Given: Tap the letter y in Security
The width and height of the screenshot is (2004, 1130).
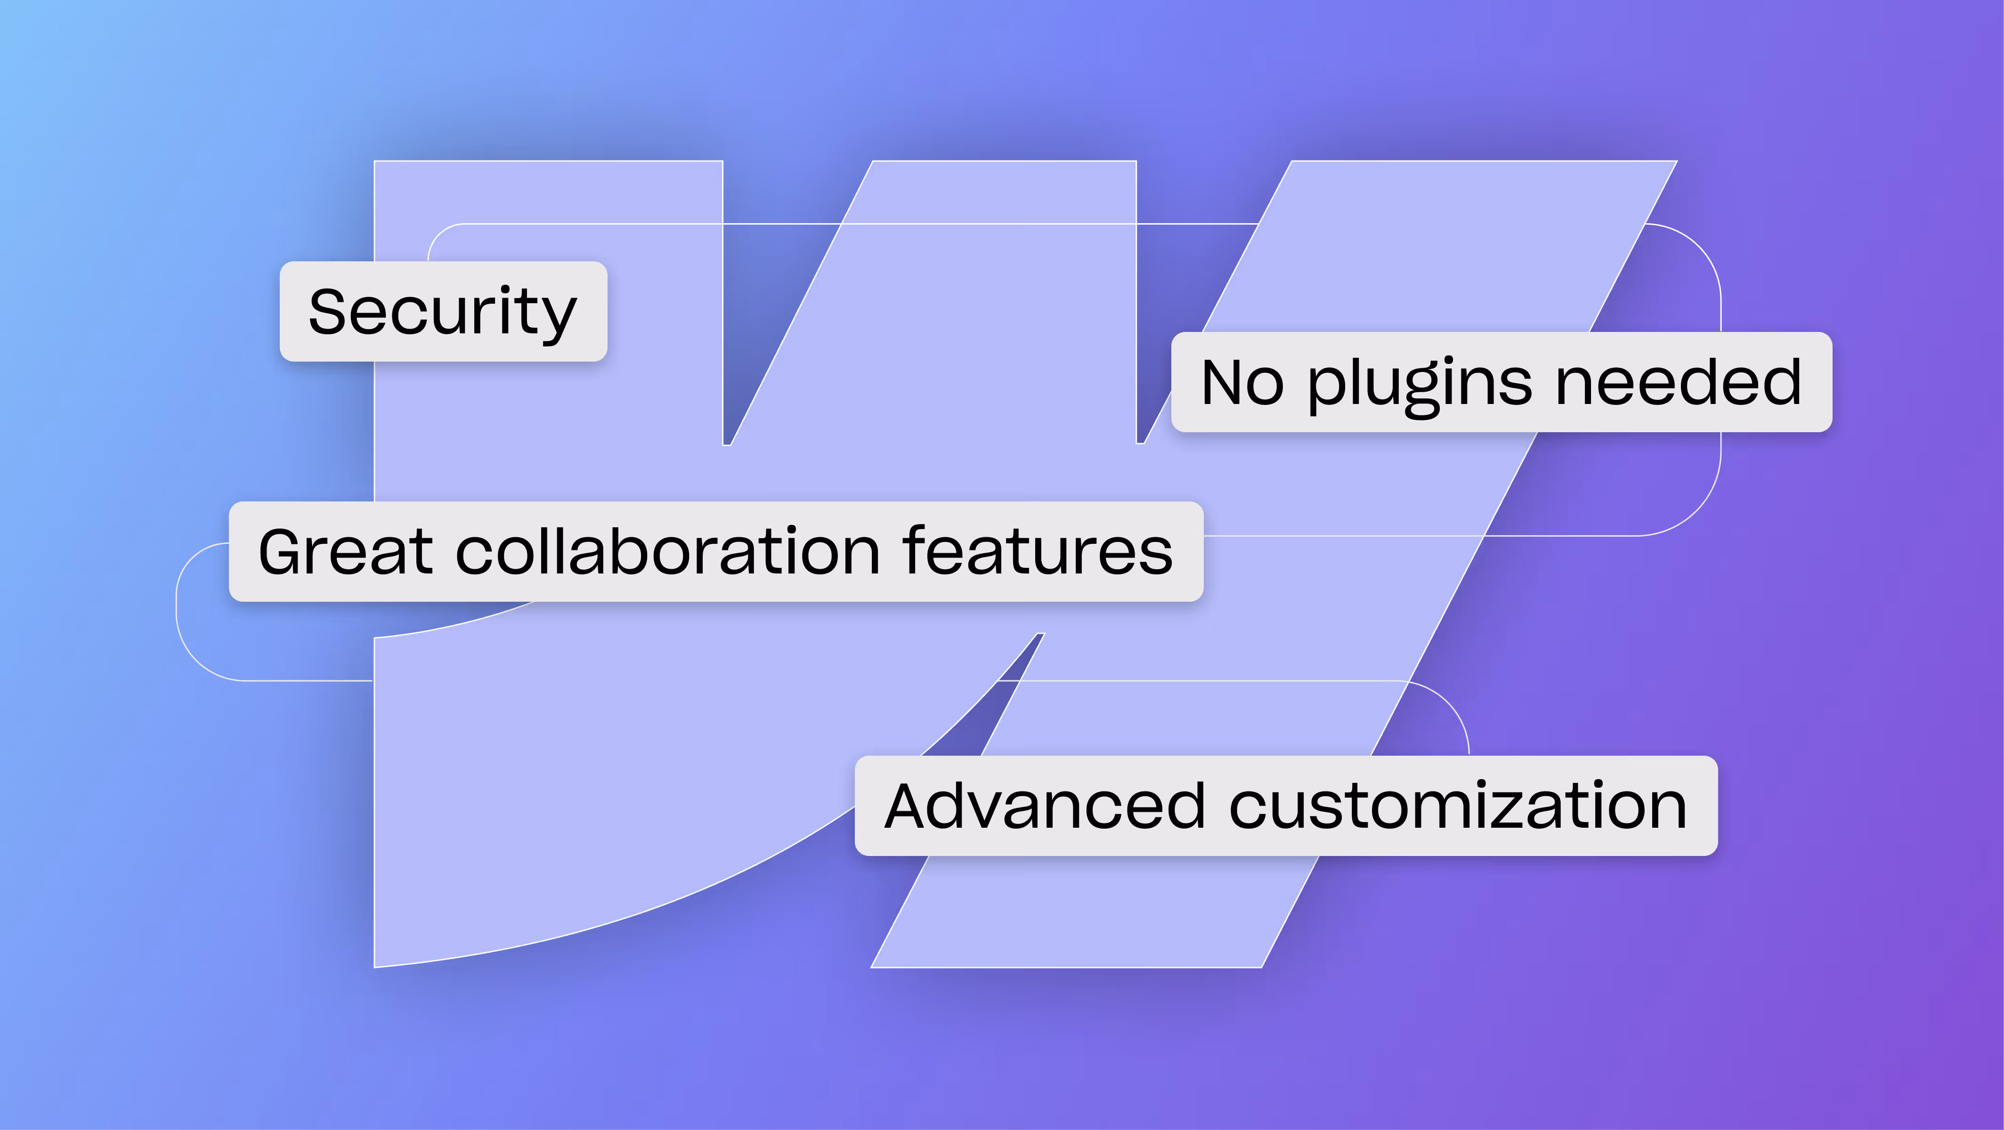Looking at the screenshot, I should (x=557, y=318).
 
